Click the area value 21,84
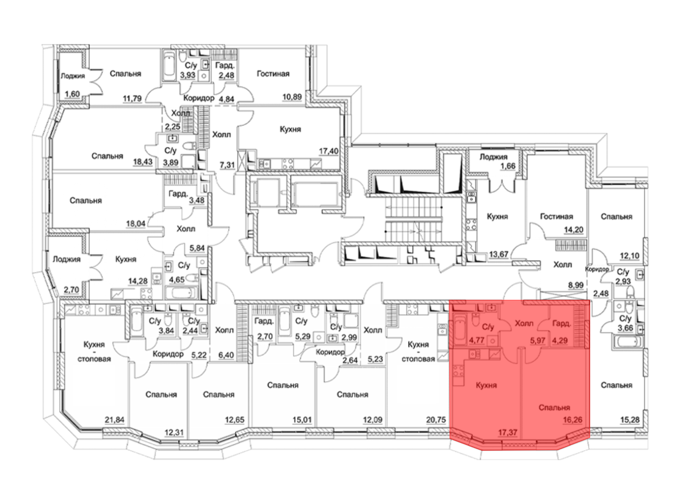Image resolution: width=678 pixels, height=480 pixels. click(115, 420)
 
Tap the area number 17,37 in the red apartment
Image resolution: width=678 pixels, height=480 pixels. click(507, 432)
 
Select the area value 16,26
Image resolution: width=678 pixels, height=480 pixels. click(573, 420)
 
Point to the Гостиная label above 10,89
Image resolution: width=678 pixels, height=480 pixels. click(273, 74)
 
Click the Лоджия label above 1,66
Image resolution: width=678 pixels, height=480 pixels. click(493, 157)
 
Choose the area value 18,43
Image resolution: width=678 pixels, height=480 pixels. click(143, 162)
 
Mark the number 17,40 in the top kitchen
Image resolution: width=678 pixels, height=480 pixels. click(329, 151)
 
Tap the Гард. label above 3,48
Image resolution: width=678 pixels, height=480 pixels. click(178, 194)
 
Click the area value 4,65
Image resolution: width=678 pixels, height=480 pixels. click(177, 280)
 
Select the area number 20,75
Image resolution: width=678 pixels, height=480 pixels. click(436, 420)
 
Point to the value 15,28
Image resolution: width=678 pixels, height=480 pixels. click(630, 420)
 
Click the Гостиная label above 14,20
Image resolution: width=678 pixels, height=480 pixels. click(556, 216)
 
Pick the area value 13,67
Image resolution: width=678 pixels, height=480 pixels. click(498, 254)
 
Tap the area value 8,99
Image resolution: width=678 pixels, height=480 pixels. click(576, 285)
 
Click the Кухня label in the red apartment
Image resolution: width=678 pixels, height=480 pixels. click(486, 385)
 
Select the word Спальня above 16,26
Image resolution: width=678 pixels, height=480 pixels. click(554, 407)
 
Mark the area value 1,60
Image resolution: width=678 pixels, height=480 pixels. click(72, 94)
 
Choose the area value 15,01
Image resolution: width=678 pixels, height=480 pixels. click(302, 420)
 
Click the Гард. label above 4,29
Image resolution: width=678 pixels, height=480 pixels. click(562, 324)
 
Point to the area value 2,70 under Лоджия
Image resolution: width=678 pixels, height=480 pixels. click(71, 290)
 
